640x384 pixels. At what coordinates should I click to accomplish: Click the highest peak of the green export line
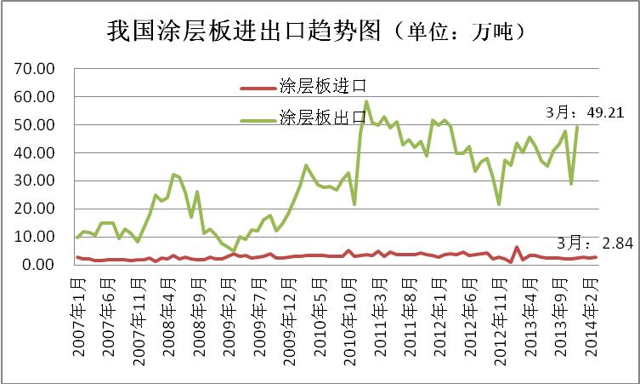click(x=366, y=102)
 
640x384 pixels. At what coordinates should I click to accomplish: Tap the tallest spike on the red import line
click(x=517, y=248)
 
